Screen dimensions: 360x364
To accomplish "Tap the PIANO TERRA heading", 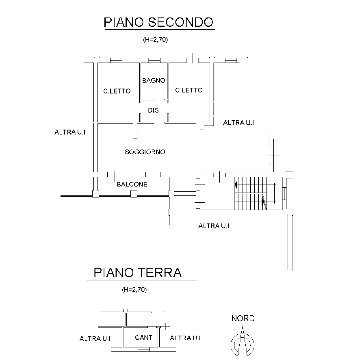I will tap(137, 272).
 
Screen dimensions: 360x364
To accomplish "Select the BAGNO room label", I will tap(154, 80).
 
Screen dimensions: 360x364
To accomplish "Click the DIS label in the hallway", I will tap(153, 110).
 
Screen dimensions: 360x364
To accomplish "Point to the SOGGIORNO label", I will tap(145, 152).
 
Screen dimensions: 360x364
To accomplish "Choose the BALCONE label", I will tap(132, 184).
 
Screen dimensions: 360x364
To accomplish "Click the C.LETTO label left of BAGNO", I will tap(117, 91).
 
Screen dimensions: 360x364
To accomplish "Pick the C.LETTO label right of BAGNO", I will tap(189, 90).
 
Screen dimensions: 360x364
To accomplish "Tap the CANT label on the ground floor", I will tap(144, 338).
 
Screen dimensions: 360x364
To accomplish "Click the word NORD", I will tap(243, 319).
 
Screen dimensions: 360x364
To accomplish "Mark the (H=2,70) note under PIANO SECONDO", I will tap(156, 40).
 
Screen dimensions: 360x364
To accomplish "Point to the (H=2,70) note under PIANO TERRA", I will tap(134, 290).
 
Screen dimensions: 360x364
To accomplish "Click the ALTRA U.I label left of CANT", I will tap(95, 338).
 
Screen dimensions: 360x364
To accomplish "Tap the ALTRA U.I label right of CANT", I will tap(185, 338).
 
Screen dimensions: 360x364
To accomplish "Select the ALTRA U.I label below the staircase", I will tap(214, 226).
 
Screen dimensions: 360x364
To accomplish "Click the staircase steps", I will tap(252, 193).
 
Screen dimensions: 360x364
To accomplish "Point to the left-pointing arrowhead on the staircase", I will tap(236, 185).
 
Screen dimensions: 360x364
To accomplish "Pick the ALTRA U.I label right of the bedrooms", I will tap(239, 123).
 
